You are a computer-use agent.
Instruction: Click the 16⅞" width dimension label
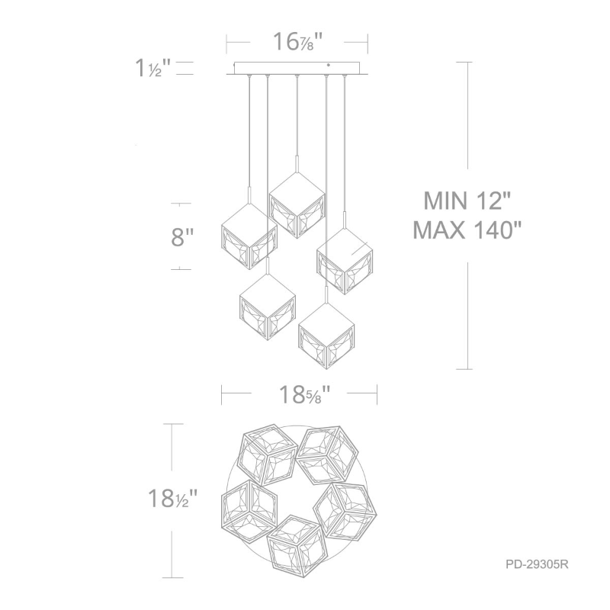point(298,42)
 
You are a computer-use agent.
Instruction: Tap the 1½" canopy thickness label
point(153,68)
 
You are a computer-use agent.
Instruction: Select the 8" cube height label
point(182,236)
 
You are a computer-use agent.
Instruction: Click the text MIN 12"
point(467,201)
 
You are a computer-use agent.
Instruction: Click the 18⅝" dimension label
point(304,394)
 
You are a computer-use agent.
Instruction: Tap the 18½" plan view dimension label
point(173,498)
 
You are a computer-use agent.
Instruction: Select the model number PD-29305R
point(537,564)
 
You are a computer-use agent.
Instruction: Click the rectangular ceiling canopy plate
point(297,68)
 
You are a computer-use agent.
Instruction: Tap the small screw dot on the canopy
point(329,66)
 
